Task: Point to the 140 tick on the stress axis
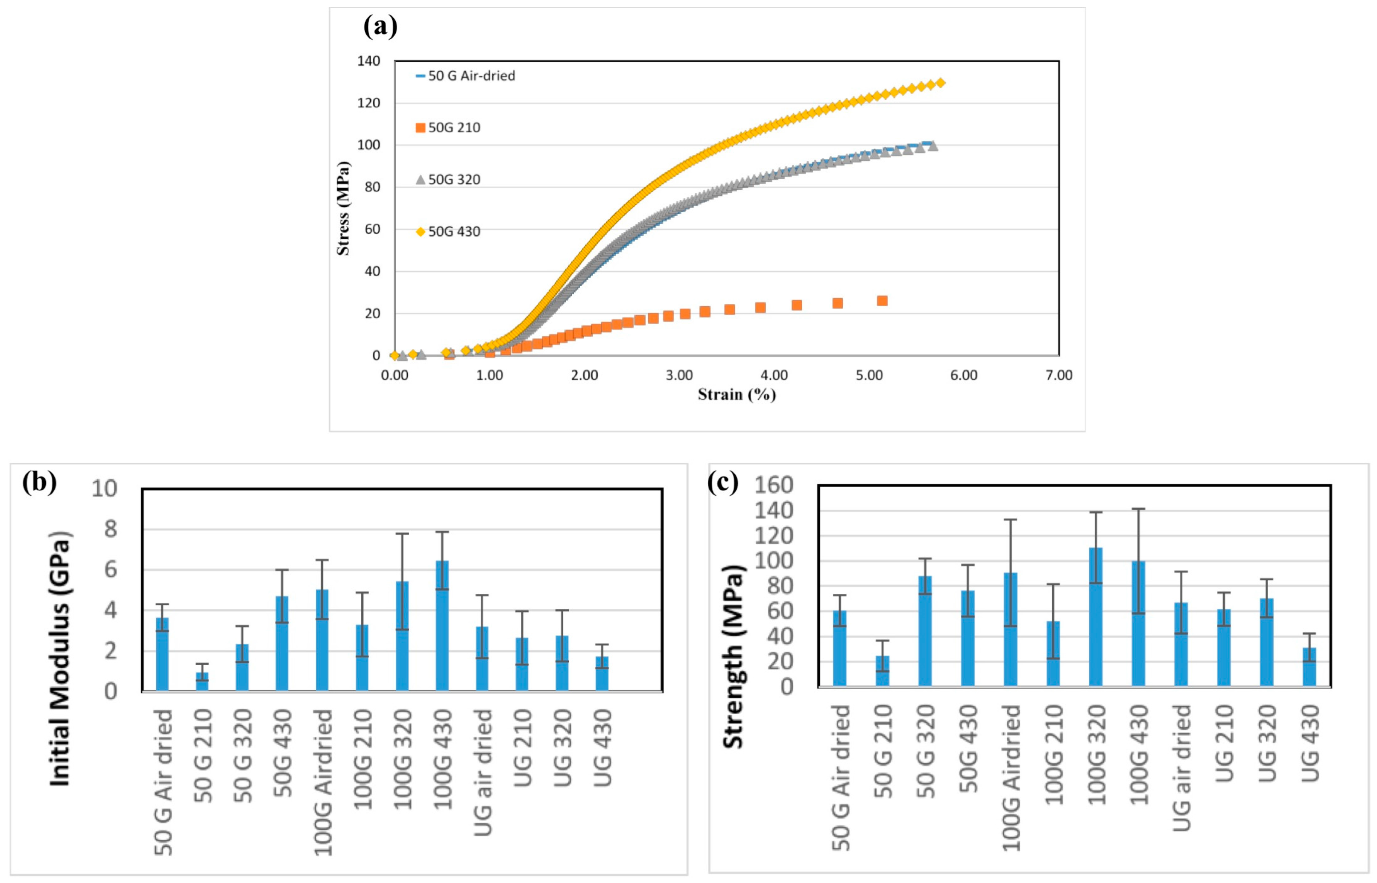[369, 61]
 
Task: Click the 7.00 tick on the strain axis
[1058, 375]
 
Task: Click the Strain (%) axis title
[737, 395]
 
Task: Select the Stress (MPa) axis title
[343, 208]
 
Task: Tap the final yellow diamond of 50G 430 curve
[940, 83]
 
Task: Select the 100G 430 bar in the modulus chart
[442, 625]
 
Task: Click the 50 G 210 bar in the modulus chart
[202, 682]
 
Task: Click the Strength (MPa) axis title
[733, 656]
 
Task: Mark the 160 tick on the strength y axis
[773, 485]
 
